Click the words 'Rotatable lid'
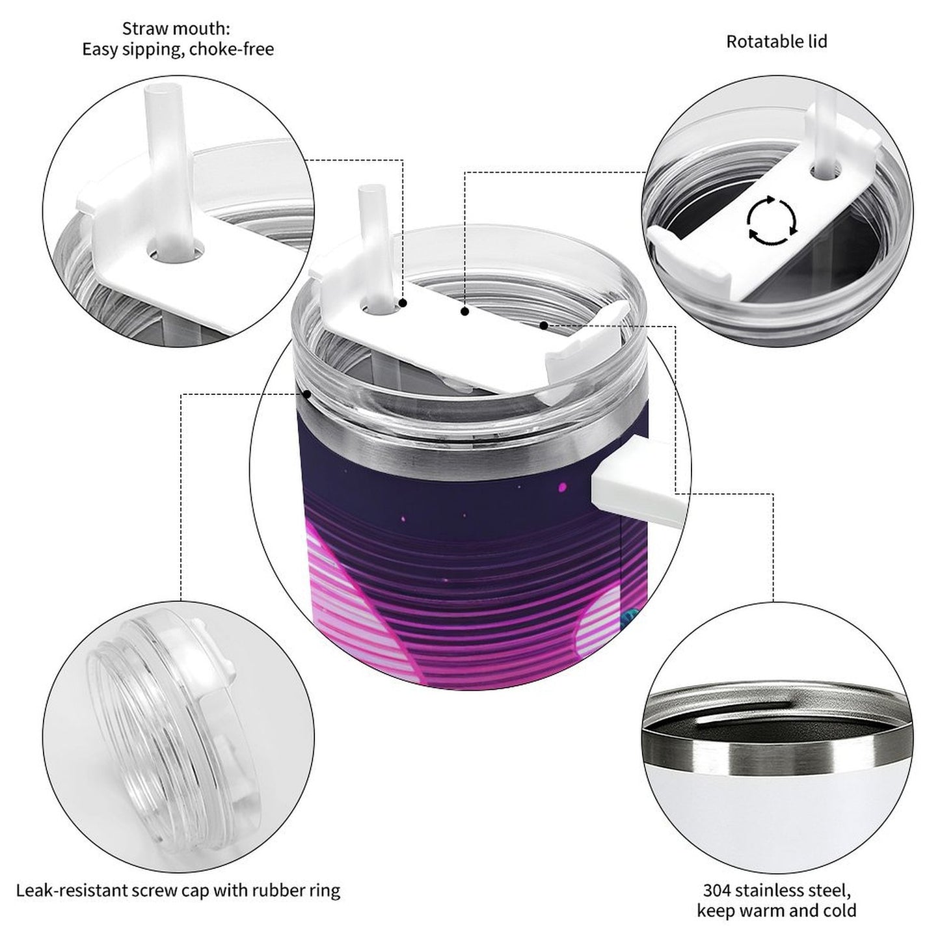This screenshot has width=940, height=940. pyautogui.click(x=777, y=42)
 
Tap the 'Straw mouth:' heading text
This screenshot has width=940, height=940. pyautogui.click(x=176, y=29)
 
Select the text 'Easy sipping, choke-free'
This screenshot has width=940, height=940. pyautogui.click(x=178, y=49)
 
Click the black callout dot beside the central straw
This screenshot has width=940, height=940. pyautogui.click(x=403, y=303)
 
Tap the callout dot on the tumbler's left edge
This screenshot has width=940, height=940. pyautogui.click(x=307, y=394)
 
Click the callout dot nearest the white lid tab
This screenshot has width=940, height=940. pyautogui.click(x=543, y=325)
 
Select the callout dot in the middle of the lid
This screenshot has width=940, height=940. pyautogui.click(x=465, y=311)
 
